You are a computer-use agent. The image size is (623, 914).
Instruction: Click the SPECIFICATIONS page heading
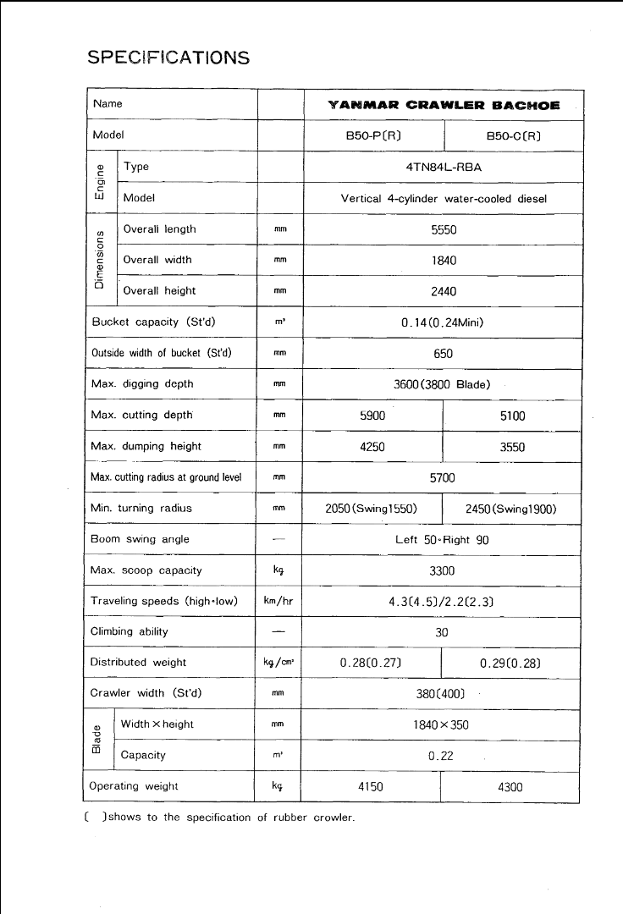click(x=168, y=58)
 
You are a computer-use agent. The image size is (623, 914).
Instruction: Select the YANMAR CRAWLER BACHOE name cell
click(x=443, y=105)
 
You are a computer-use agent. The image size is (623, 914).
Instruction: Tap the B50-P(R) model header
click(x=372, y=135)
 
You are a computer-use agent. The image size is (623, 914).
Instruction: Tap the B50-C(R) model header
click(x=513, y=135)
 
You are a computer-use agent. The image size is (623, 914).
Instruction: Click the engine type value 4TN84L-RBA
click(x=444, y=167)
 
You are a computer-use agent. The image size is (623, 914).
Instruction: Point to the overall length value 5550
click(x=444, y=229)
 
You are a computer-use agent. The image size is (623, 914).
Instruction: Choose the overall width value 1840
click(x=444, y=261)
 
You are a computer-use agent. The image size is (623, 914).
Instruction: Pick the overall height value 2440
click(x=444, y=291)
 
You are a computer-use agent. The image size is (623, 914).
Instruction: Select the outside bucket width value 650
click(x=444, y=354)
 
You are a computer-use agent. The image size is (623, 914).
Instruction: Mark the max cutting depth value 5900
click(x=372, y=416)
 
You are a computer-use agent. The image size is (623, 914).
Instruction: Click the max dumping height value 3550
click(x=512, y=447)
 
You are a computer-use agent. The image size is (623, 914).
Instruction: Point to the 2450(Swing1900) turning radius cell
click(x=511, y=509)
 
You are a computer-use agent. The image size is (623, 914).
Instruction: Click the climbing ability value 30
click(x=442, y=632)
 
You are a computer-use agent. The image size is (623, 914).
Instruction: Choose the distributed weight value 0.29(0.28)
click(x=510, y=663)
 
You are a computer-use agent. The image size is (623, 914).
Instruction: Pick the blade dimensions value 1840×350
click(x=442, y=724)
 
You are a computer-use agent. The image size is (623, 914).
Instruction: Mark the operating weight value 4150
click(x=371, y=786)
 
